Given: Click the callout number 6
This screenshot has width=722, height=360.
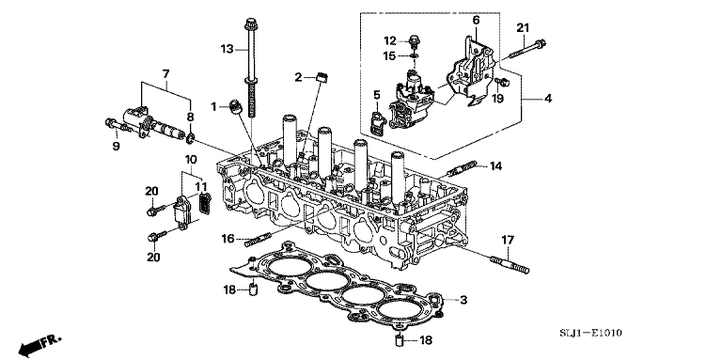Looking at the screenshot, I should point(475,19).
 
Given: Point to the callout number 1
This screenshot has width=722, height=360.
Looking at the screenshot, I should point(214,105).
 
